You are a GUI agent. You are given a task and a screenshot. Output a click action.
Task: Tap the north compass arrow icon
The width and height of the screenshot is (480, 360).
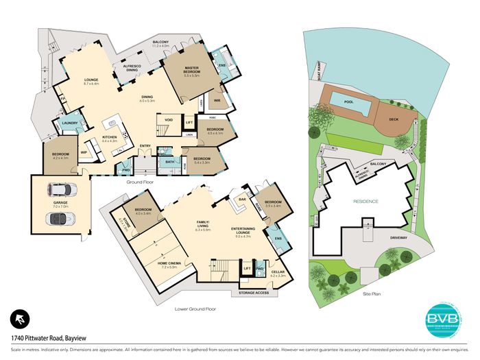(21, 319)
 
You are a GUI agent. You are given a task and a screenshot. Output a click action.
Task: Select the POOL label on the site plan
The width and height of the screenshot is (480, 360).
(350, 102)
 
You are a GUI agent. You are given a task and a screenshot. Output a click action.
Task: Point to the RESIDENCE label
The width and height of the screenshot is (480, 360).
(365, 202)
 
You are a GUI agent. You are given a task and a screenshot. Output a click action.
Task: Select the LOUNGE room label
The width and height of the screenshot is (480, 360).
(91, 80)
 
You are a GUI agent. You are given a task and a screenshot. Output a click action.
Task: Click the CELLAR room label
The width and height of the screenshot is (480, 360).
(278, 272)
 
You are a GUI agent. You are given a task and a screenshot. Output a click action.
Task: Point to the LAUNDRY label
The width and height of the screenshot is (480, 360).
(70, 123)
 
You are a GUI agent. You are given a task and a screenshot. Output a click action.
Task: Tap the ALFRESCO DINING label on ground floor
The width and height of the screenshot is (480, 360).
(132, 67)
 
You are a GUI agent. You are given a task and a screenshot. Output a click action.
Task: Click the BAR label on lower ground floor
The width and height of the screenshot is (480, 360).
(242, 200)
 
